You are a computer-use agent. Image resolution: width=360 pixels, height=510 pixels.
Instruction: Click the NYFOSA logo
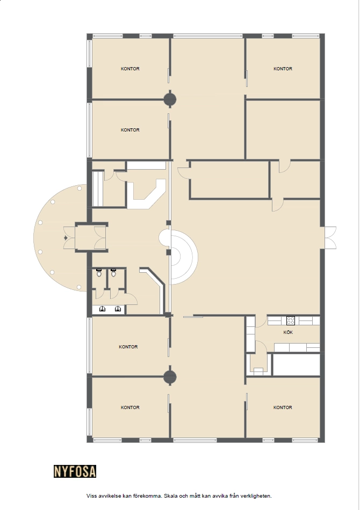[x=75, y=471]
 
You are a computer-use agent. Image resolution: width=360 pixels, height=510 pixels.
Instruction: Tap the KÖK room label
[x=288, y=332]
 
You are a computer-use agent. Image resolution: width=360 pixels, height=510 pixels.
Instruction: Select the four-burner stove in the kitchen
[x=291, y=320]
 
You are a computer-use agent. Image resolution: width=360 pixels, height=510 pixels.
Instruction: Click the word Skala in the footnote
[x=170, y=496]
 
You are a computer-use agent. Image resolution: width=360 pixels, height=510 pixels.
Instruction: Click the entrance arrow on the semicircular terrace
[x=66, y=238]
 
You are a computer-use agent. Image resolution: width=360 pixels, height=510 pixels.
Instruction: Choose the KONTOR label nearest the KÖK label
[x=283, y=407]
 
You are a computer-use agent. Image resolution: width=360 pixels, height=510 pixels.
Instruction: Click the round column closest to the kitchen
[x=170, y=377]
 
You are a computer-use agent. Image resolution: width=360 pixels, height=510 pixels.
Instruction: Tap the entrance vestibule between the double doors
[x=85, y=238]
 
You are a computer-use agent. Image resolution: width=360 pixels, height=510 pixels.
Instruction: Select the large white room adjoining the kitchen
[x=296, y=365]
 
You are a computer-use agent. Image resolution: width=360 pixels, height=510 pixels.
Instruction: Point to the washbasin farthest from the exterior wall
[x=118, y=309]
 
